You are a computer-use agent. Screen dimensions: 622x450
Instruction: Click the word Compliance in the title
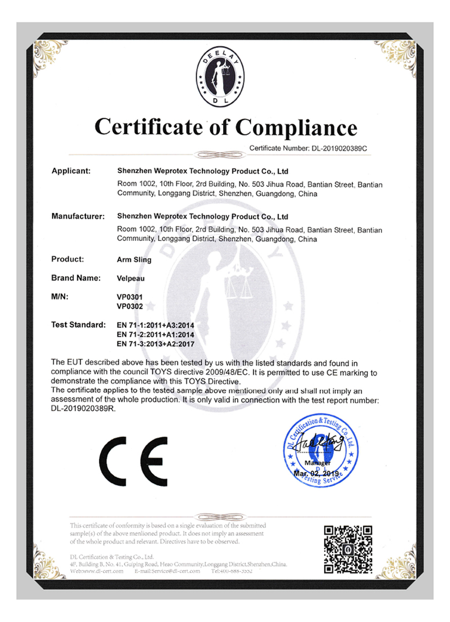(x=296, y=127)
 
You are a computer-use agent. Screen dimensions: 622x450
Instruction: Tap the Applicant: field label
(x=71, y=171)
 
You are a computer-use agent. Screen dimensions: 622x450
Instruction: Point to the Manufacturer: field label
(x=77, y=216)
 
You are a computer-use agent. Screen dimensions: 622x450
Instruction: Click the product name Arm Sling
(x=134, y=260)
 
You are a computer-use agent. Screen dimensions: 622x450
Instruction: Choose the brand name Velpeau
(x=131, y=278)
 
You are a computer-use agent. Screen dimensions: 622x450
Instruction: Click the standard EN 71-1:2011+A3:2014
(x=156, y=326)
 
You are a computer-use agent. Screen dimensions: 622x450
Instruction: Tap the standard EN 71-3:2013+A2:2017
(x=156, y=344)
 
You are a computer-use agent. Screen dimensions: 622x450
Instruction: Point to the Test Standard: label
(x=78, y=325)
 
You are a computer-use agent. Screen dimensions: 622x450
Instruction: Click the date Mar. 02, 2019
(x=316, y=473)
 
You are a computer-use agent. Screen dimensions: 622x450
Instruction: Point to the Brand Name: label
(x=76, y=278)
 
